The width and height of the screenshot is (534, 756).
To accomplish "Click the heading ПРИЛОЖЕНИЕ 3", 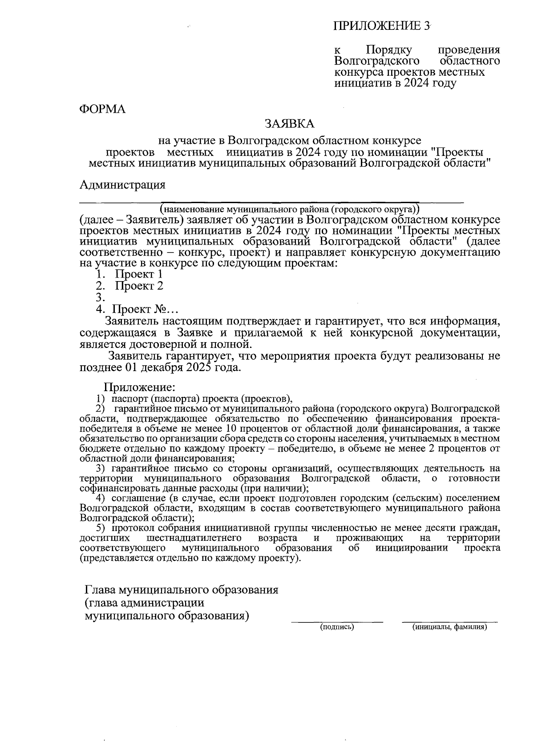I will (382, 25).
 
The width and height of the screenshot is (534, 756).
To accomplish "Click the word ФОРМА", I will (102, 109).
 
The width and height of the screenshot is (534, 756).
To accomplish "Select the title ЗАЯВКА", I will (289, 123).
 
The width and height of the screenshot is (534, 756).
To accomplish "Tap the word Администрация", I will (122, 184).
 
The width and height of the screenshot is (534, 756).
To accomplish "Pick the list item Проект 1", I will (139, 274).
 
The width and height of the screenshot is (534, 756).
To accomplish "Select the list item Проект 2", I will (139, 286).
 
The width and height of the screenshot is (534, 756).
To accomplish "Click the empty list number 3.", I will (100, 297).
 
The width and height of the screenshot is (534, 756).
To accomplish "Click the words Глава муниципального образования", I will (182, 590).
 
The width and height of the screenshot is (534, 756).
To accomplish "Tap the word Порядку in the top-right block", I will (388, 49).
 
